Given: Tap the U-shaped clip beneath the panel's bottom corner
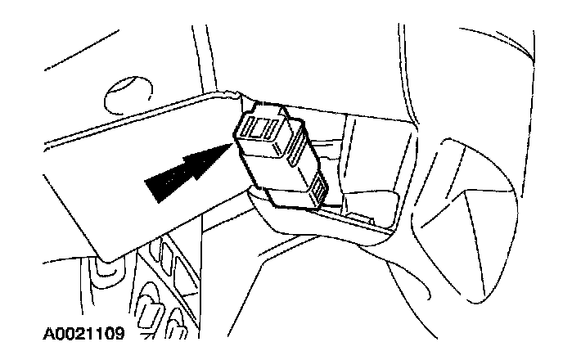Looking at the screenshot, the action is pyautogui.click(x=104, y=266).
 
